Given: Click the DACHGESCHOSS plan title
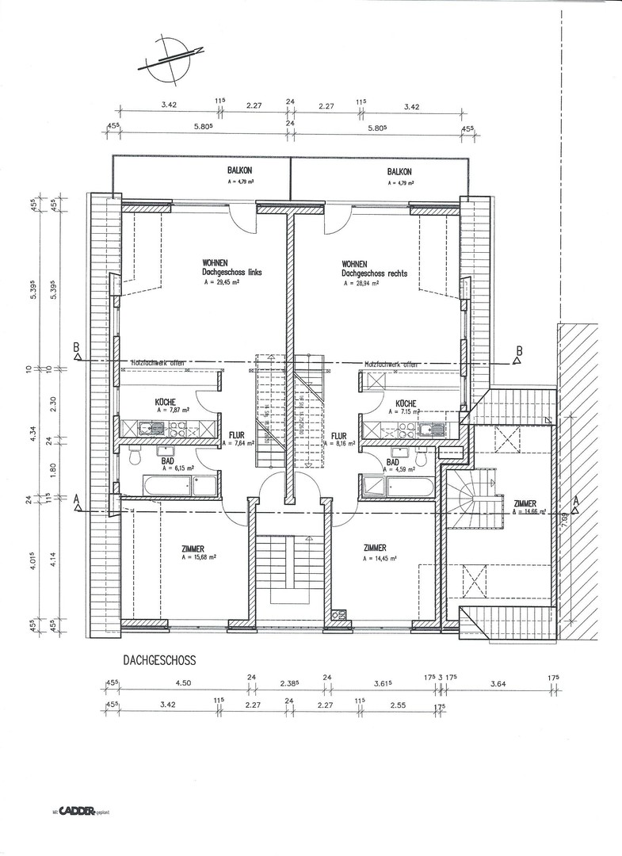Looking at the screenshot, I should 159,659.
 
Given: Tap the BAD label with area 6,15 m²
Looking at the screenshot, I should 167,462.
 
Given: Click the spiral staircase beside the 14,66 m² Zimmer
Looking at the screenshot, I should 474,501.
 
